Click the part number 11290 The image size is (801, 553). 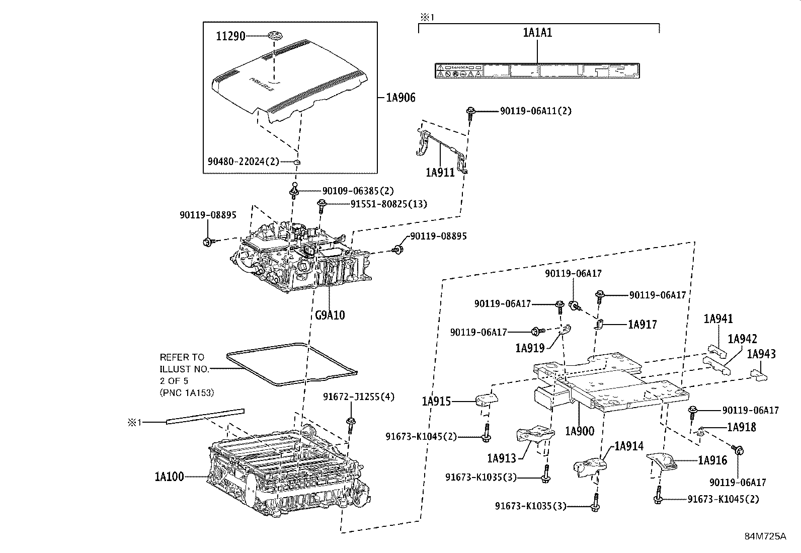[x=230, y=36]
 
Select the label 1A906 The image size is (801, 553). [x=401, y=98]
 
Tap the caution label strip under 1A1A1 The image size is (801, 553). [x=537, y=70]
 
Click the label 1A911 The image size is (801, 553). [x=440, y=173]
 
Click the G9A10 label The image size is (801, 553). [x=330, y=315]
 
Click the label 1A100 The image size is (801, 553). [x=169, y=476]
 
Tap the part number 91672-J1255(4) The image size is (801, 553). [x=358, y=397]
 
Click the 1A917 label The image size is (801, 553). [x=642, y=325]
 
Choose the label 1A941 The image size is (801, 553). [x=718, y=319]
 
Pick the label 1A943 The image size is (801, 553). [x=761, y=354]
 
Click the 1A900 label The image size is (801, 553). [x=579, y=431]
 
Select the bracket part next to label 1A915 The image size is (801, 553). [x=486, y=401]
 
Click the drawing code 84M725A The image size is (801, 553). [x=765, y=536]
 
